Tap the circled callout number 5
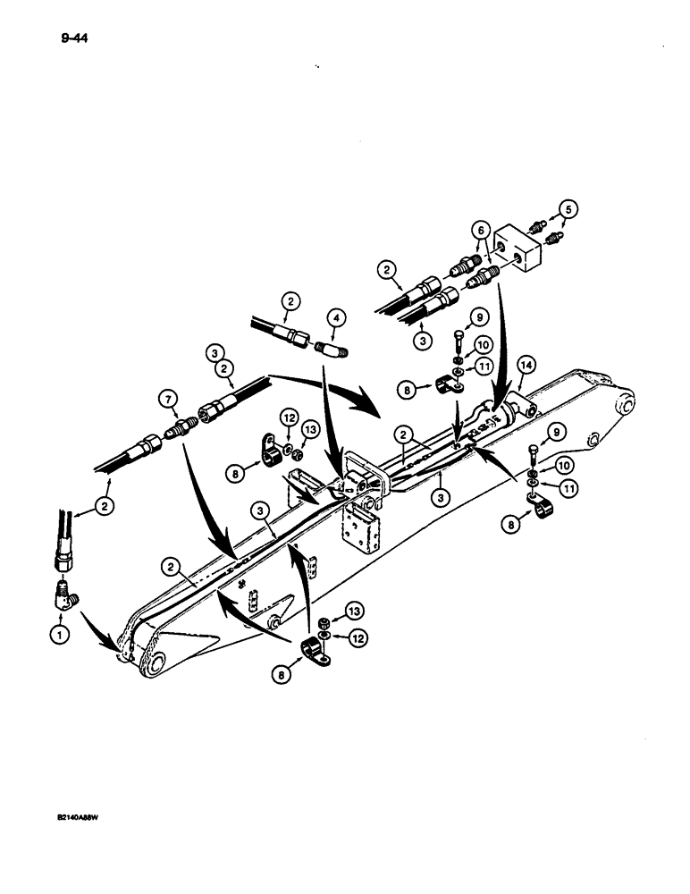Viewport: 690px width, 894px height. click(x=571, y=210)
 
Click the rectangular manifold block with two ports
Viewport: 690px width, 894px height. click(x=519, y=251)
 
